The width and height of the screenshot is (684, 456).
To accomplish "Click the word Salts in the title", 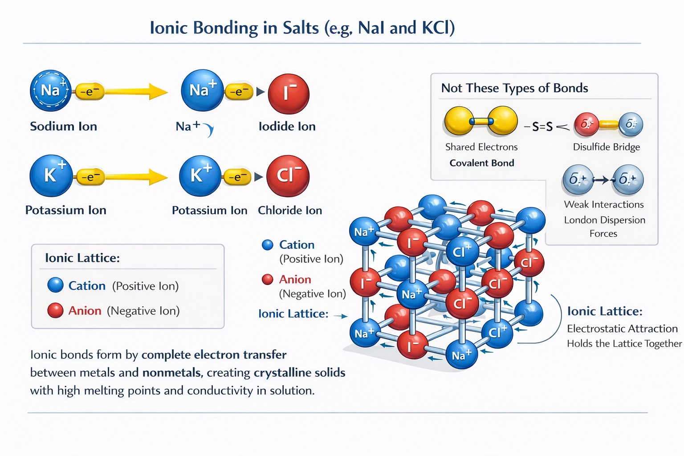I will [301, 28].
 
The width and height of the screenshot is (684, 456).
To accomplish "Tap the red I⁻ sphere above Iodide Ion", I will [289, 94].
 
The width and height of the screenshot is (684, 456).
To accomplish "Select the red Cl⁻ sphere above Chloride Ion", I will [288, 176].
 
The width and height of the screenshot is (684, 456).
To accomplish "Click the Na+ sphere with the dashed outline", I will [51, 90].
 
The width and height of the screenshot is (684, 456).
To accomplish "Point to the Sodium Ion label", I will [63, 126].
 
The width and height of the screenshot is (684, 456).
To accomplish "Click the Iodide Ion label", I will [287, 126].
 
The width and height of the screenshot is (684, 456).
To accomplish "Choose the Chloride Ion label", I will [289, 210].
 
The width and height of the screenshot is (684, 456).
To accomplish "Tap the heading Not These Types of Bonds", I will [514, 88].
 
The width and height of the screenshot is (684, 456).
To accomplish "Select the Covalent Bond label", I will [481, 163].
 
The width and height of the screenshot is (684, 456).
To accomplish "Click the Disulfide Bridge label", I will [606, 147].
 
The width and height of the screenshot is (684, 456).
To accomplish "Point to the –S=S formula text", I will [538, 127].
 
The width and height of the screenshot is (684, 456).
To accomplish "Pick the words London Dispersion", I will [604, 220].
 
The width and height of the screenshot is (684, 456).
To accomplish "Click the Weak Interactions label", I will [603, 204].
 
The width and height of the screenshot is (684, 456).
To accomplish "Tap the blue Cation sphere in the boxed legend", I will [56, 285].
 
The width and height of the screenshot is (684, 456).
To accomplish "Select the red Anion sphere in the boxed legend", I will [56, 310].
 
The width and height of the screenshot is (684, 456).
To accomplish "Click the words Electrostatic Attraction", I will [622, 329].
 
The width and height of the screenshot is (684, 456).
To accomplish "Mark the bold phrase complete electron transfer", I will [214, 355].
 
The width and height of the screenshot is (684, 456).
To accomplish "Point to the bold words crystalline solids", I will [299, 373].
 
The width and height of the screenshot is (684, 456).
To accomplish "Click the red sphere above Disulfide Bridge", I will [586, 124].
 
